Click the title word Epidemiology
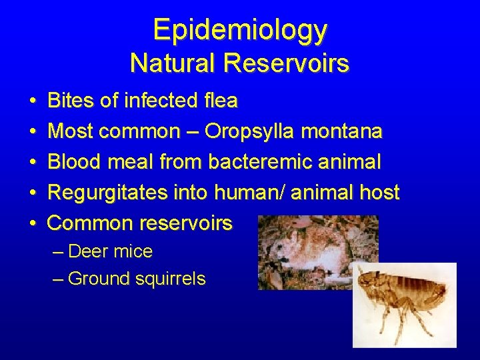pyautogui.click(x=240, y=29)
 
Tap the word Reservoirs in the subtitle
pyautogui.click(x=287, y=63)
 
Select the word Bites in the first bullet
pyautogui.click(x=71, y=101)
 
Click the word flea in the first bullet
pyautogui.click(x=219, y=101)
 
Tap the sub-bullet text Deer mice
pyautogui.click(x=110, y=252)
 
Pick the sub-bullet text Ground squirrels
pyautogui.click(x=136, y=279)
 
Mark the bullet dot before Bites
pyautogui.click(x=33, y=101)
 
